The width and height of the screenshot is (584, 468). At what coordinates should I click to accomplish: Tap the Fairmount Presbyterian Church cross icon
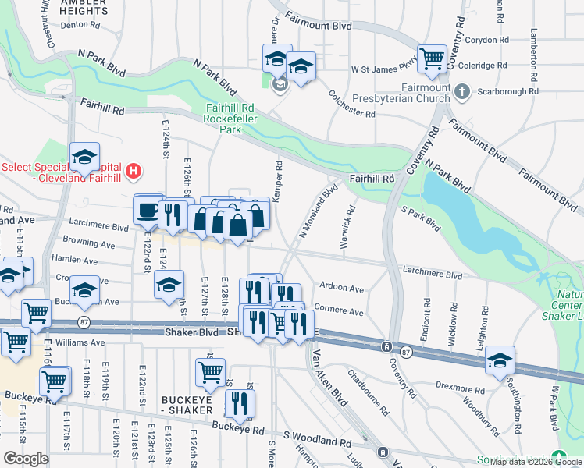coord(461,92)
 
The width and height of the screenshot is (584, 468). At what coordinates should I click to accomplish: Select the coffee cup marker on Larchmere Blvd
coord(148,209)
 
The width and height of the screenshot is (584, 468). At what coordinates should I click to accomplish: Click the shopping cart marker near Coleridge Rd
coord(431,58)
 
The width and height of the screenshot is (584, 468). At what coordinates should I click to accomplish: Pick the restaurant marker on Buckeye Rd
coord(240,404)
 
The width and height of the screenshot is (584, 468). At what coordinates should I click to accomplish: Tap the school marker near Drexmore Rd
coord(500,360)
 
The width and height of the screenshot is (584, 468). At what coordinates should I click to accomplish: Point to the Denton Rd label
coord(80,24)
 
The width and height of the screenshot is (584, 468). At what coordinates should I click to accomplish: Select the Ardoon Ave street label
coord(342,288)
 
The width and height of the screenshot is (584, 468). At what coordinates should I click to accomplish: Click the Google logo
coord(26,459)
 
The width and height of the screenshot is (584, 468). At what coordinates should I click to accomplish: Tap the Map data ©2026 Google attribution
coord(536,462)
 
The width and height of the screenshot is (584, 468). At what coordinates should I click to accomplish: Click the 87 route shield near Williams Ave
coord(84,321)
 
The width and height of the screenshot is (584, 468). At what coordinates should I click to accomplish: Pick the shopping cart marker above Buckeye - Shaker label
coord(210,373)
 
